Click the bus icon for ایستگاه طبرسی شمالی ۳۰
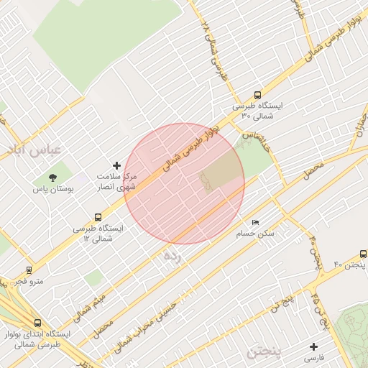[x=258, y=95]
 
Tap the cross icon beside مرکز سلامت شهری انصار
[x=118, y=165]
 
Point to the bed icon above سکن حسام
[x=255, y=223]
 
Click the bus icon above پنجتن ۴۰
[x=363, y=254]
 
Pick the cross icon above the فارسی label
[x=314, y=346]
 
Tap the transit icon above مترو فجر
[x=29, y=270]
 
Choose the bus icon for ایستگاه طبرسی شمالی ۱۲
[x=98, y=216]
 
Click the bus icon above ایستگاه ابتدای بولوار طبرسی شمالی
[x=37, y=323]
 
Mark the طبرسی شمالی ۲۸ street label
[x=214, y=47]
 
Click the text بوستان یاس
[x=50, y=190]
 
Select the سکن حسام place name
[x=255, y=234]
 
